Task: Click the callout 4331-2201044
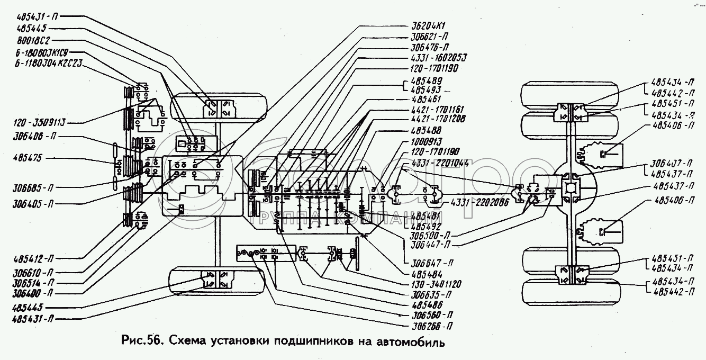pyautogui.click(x=440, y=163)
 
